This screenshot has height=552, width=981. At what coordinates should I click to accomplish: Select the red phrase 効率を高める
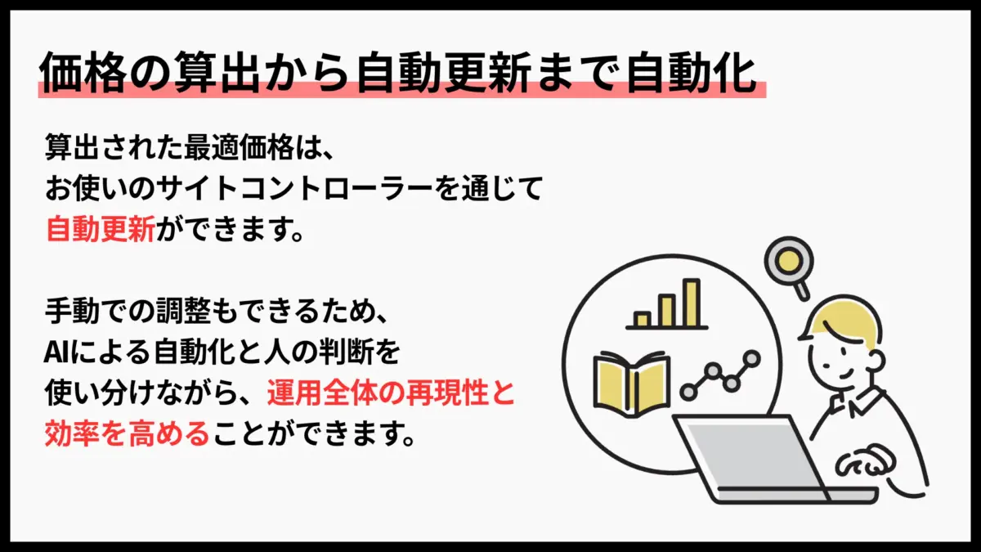coord(128,433)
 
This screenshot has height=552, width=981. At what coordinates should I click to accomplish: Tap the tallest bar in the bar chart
coord(691,303)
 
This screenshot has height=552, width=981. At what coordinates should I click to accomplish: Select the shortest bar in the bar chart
coord(642,319)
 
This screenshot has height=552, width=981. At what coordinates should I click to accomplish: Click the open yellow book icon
coord(631,381)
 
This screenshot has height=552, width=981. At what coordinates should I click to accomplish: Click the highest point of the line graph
coord(750,358)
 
